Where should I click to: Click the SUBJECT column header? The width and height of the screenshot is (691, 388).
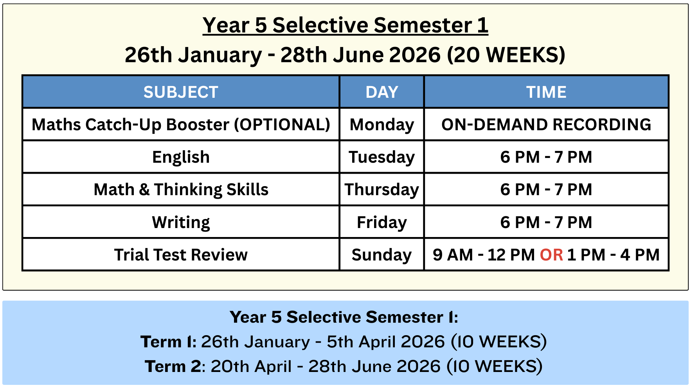(181, 92)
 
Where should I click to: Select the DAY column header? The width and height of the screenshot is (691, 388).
(382, 92)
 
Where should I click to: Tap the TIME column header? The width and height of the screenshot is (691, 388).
(546, 92)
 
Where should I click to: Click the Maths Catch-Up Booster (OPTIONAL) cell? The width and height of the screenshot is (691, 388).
(181, 125)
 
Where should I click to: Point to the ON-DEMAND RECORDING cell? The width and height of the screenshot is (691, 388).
(546, 125)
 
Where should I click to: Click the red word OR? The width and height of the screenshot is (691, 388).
(552, 255)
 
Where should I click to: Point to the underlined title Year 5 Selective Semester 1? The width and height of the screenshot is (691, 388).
(345, 25)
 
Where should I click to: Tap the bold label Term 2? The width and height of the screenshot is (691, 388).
(173, 366)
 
